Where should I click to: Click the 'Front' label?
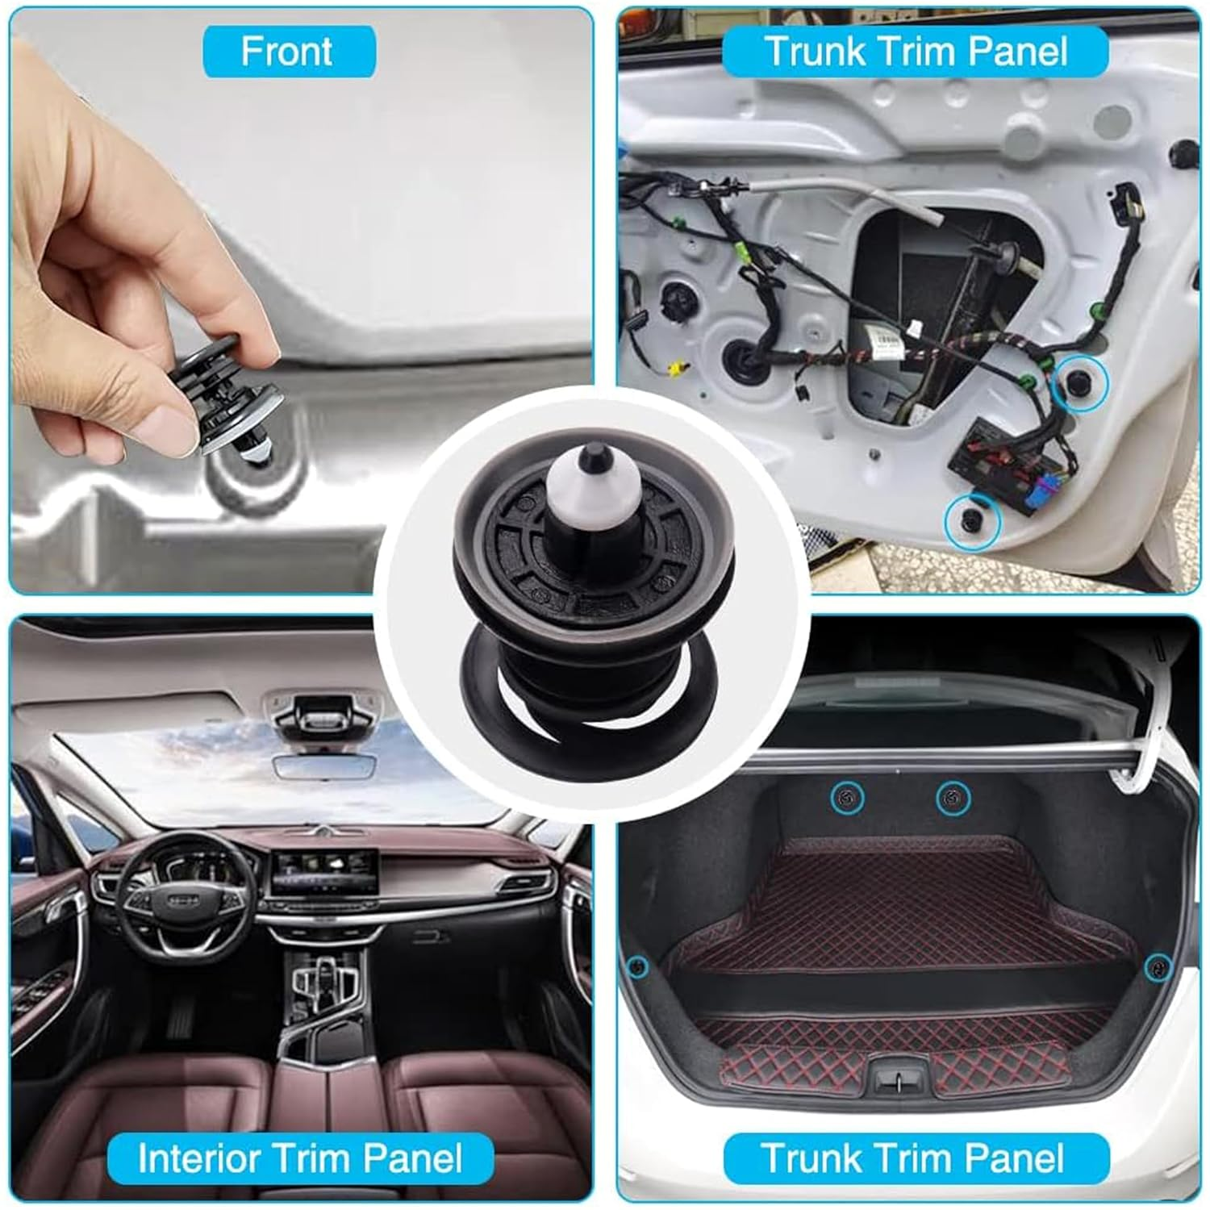click(x=288, y=52)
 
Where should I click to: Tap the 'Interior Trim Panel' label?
click(x=299, y=1158)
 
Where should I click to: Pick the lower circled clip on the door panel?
click(x=972, y=522)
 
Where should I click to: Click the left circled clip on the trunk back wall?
click(x=847, y=798)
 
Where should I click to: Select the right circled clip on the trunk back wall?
click(x=953, y=798)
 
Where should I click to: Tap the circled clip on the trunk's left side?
click(x=637, y=966)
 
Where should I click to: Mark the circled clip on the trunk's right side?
click(x=1158, y=966)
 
